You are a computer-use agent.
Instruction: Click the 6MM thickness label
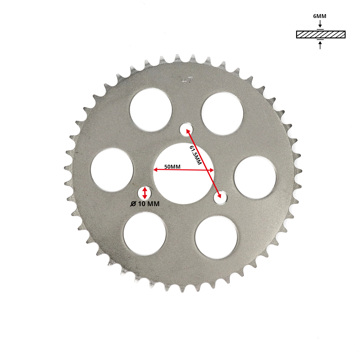[319, 16]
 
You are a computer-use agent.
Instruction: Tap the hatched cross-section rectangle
[321, 34]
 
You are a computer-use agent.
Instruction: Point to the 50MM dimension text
[172, 166]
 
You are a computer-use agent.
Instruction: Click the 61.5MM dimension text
[196, 155]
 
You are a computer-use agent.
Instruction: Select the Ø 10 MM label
[145, 204]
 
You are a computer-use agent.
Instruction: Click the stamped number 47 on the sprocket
[187, 80]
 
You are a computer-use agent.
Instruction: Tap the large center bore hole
[184, 174]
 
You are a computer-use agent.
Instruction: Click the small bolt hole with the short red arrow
[145, 193]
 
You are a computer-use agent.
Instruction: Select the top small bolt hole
[186, 130]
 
